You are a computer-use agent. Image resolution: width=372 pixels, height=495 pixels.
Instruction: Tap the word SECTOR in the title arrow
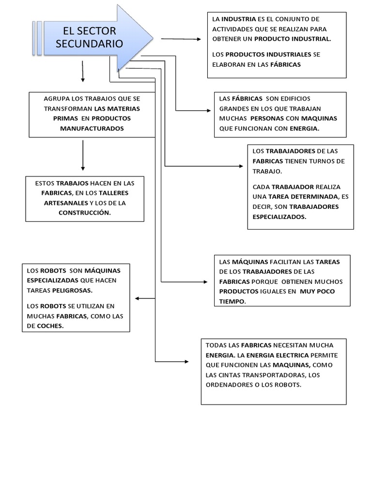click(99, 31)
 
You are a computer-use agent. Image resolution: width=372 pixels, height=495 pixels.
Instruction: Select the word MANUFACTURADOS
click(92, 129)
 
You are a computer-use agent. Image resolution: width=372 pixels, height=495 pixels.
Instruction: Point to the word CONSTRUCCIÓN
click(85, 213)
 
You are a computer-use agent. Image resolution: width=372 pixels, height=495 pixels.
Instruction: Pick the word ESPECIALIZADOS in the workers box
click(279, 217)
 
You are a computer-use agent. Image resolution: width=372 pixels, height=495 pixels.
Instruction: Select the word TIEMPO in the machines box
click(232, 301)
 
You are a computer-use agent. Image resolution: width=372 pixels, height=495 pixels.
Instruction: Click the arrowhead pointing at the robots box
click(138, 298)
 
